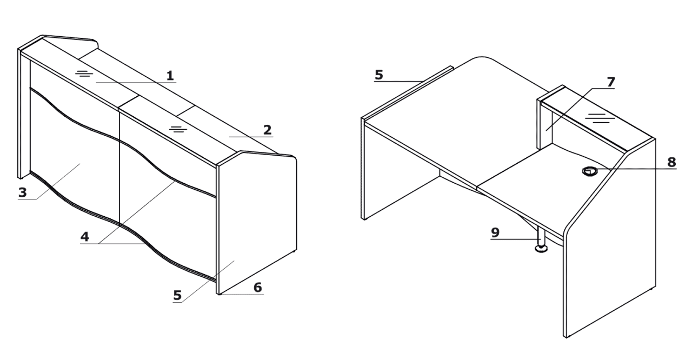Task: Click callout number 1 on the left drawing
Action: click(x=170, y=76)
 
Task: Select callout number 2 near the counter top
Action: click(x=268, y=130)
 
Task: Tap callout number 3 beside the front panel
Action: click(x=23, y=192)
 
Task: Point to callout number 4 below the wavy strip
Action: click(x=85, y=237)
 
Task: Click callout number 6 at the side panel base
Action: click(x=258, y=288)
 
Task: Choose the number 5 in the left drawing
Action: click(x=177, y=296)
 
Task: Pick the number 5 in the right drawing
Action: click(x=379, y=75)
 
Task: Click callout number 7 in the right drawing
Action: click(x=611, y=82)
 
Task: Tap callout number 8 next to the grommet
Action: click(x=671, y=162)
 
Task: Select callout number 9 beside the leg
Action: click(x=495, y=232)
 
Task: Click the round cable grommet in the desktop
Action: click(x=590, y=171)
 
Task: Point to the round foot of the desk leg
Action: click(x=541, y=249)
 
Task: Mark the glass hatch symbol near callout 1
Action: click(x=84, y=74)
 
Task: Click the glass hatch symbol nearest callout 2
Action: click(x=178, y=129)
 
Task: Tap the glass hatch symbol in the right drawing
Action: click(x=600, y=118)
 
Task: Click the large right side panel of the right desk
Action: click(x=610, y=244)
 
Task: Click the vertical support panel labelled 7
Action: click(x=545, y=123)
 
